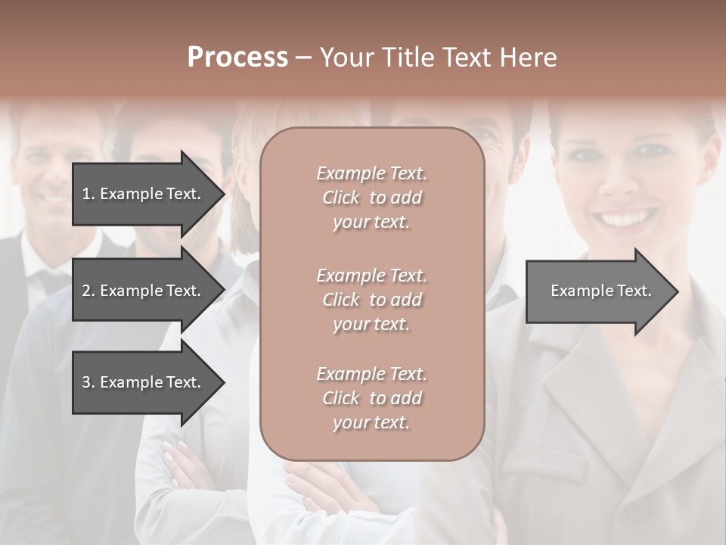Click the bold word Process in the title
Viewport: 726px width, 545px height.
click(x=237, y=58)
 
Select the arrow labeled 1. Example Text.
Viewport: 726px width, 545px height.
click(x=144, y=194)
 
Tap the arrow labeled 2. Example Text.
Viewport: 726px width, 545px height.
click(x=144, y=291)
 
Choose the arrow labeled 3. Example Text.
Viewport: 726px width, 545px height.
click(x=144, y=382)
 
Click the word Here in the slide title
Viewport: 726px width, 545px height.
click(x=528, y=58)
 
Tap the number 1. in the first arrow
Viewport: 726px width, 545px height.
click(x=88, y=194)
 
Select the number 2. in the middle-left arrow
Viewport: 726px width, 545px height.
click(x=88, y=291)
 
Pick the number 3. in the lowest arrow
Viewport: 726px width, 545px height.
click(x=88, y=382)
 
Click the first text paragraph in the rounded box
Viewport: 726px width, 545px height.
click(x=371, y=198)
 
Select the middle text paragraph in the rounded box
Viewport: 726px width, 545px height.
click(x=371, y=300)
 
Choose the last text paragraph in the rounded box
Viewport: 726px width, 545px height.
click(x=371, y=398)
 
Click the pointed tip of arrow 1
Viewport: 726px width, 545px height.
click(x=222, y=194)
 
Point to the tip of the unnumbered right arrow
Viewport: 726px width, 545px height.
click(x=677, y=291)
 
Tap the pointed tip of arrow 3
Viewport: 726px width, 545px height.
click(x=222, y=382)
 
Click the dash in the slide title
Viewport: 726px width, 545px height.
click(x=302, y=58)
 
